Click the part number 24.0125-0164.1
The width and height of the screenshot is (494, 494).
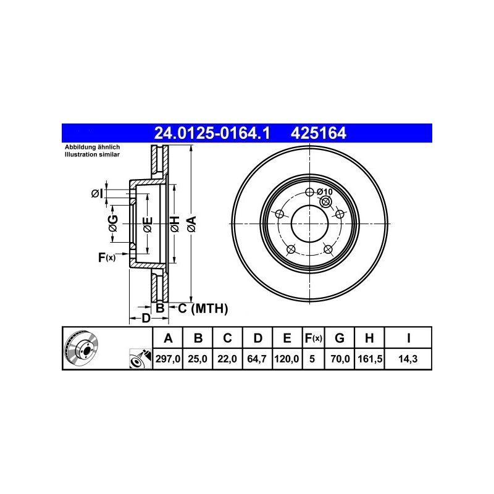pos(212,133)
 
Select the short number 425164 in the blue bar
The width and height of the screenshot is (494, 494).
pos(318,133)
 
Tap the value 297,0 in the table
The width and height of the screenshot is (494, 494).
pos(167,359)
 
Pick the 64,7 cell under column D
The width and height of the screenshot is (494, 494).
pos(257,359)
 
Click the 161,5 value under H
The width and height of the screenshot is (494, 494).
pos(370,359)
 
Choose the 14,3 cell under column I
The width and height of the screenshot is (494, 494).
pos(408,359)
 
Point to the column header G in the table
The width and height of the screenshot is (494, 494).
pos(339,338)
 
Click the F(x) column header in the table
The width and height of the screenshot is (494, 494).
pos(313,338)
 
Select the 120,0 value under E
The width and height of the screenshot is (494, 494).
pos(287,359)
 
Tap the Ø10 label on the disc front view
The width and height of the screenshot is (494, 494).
pos(325,191)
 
